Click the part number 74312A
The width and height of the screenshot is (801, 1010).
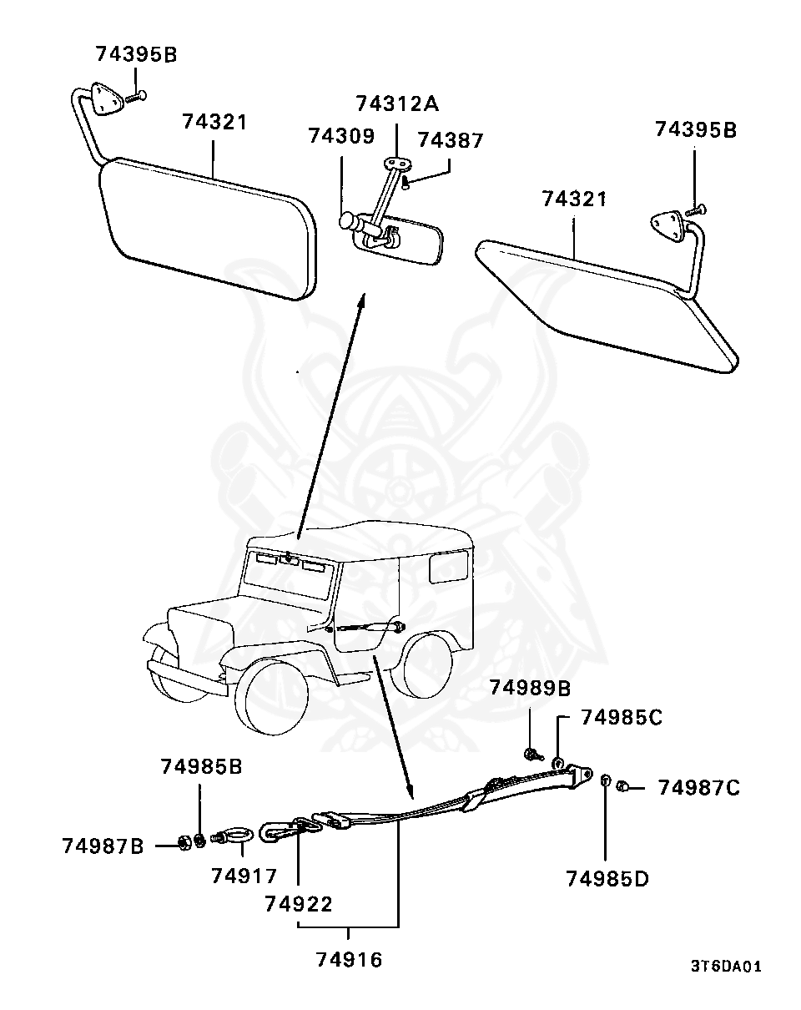coord(397,104)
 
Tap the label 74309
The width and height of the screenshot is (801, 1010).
coord(341,137)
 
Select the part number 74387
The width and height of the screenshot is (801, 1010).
coord(450,140)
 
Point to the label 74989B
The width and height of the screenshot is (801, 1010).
coord(531,689)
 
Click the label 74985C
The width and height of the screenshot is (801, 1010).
coord(622,718)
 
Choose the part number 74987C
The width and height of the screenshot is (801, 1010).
coord(698,788)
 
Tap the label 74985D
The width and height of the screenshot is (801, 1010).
coord(607,879)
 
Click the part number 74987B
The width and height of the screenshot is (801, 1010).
coord(103,846)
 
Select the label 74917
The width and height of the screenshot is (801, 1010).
coord(244,876)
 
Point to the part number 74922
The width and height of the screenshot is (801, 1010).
coord(299,904)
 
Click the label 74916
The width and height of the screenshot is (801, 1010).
coord(350,960)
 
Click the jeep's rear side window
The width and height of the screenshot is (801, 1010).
coord(449,567)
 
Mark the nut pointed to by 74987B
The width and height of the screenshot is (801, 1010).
coord(186,843)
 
